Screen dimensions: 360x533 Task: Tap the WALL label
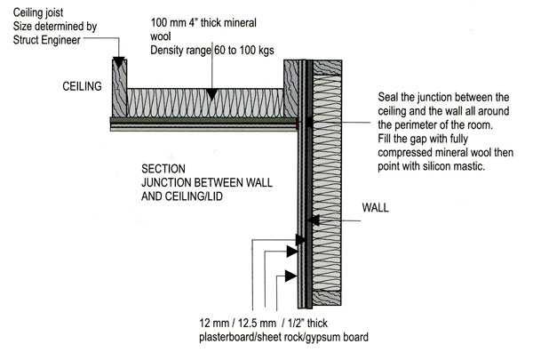[375, 212]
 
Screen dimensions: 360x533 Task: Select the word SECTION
[163, 168]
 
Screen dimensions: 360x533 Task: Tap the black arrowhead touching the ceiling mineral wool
[211, 92]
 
